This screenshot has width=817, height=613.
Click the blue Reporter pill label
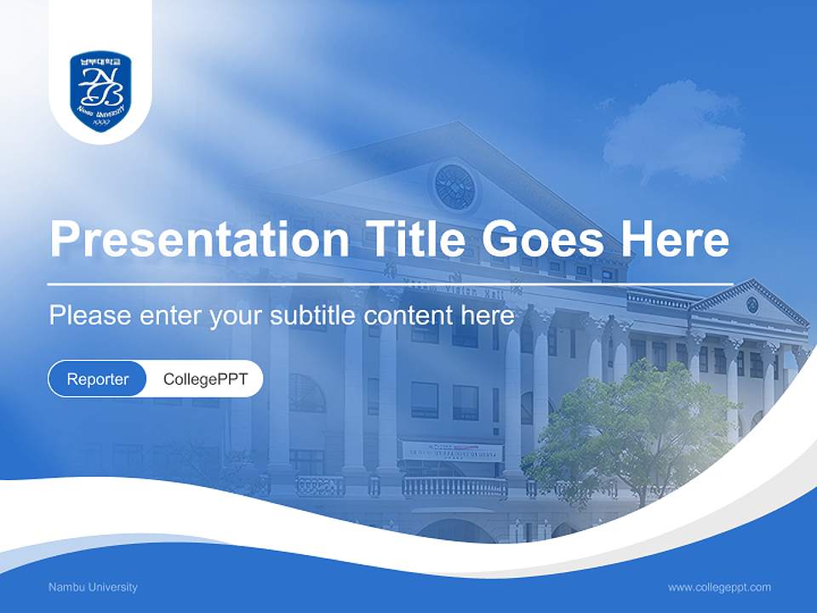click(x=97, y=379)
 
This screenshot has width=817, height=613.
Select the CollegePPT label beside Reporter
click(x=205, y=379)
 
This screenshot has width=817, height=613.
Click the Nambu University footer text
click(x=93, y=587)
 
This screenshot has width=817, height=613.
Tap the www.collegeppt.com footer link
click(x=719, y=587)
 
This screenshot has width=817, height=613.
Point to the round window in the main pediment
click(x=454, y=186)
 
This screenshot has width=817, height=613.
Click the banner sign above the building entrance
click(x=452, y=450)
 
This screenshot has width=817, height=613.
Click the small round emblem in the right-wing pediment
click(x=752, y=304)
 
